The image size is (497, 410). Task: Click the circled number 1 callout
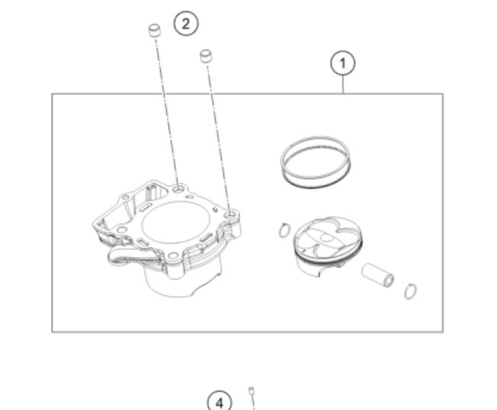(342, 63)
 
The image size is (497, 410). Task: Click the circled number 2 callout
(186, 24)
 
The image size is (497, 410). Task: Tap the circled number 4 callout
(220, 402)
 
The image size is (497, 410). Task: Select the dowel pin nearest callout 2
(155, 31)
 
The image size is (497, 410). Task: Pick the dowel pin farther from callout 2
(206, 56)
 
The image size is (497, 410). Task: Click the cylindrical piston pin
(378, 276)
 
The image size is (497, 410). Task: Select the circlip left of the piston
(284, 231)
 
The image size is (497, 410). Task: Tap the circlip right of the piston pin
(410, 291)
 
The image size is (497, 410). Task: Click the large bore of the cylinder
(176, 223)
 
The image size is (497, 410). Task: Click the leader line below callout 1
(343, 85)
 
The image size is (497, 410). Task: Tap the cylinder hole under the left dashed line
(179, 189)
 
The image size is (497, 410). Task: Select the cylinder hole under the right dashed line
(230, 215)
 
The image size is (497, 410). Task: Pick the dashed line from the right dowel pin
(218, 137)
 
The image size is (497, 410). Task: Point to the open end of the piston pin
(388, 280)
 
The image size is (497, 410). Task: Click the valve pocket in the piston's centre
(325, 237)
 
